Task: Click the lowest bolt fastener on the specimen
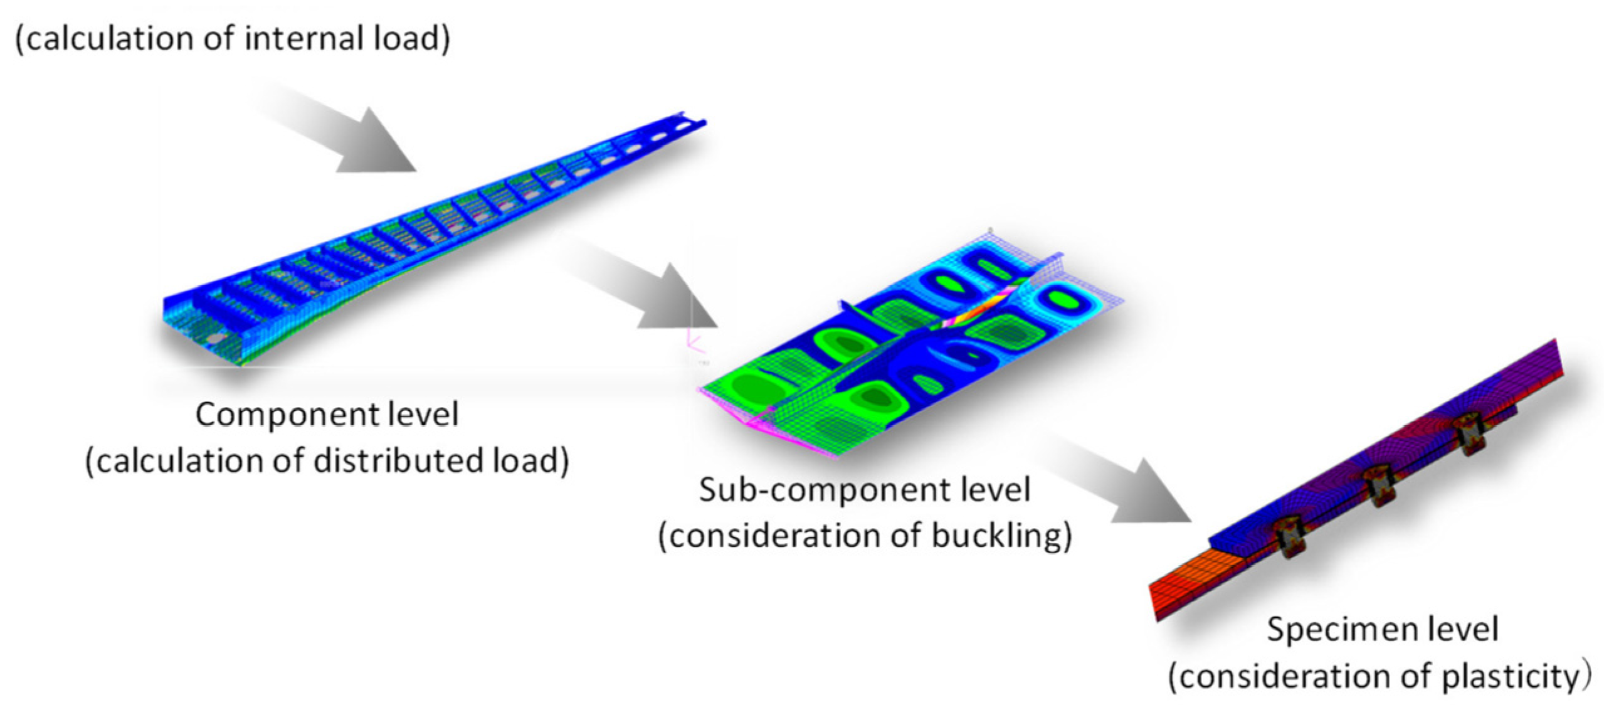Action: point(1292,537)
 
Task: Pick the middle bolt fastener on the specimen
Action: point(1380,487)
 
